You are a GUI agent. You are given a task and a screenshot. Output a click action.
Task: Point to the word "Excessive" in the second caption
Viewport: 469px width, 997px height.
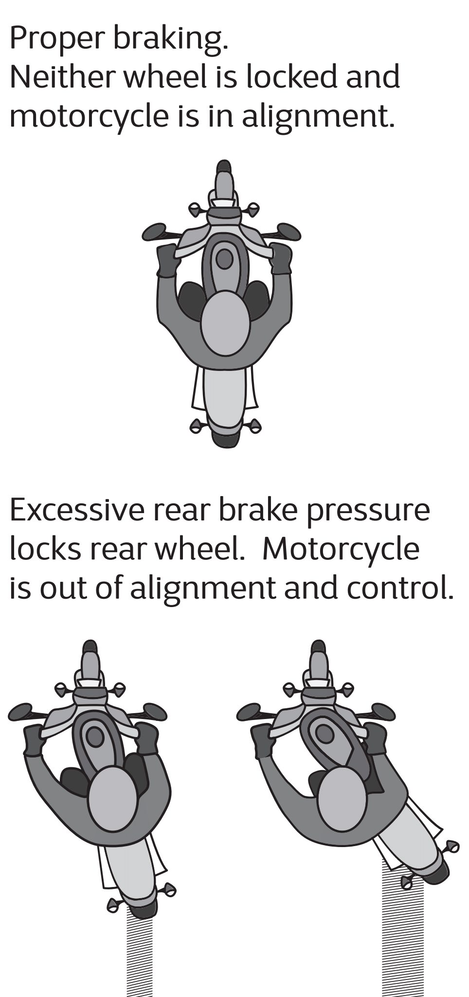[77, 510]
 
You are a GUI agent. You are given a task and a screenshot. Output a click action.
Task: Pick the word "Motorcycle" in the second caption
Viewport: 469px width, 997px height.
[341, 549]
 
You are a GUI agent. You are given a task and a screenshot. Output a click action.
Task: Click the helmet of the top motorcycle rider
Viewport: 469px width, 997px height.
[225, 323]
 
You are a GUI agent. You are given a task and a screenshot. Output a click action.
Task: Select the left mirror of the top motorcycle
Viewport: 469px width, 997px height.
[155, 232]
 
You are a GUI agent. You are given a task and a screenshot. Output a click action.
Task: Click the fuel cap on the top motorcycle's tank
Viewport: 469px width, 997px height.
[224, 259]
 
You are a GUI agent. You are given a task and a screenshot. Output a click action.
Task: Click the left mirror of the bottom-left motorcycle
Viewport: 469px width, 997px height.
[20, 712]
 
